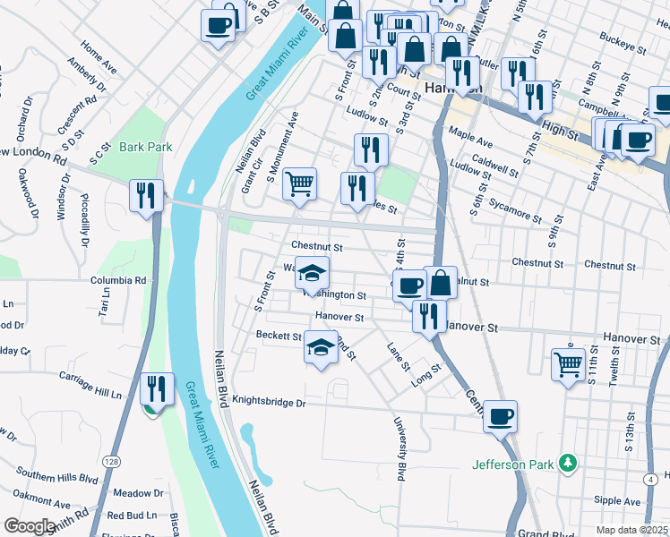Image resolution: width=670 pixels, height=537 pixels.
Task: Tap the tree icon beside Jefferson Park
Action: click(565, 463)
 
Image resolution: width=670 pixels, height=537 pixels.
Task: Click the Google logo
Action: click(30, 526)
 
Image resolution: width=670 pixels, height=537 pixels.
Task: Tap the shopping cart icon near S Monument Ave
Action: click(300, 183)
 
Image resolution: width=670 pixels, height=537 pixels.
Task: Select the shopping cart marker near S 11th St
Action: click(568, 364)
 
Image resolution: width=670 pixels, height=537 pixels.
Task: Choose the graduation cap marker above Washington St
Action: click(313, 273)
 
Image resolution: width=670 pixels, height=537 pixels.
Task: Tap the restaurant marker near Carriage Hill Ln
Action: click(158, 388)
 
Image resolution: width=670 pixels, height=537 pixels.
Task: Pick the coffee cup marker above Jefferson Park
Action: click(500, 415)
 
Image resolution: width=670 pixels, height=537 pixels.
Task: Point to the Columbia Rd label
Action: click(117, 280)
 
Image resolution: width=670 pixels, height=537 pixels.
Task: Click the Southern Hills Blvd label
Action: click(56, 475)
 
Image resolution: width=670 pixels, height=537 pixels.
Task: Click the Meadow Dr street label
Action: click(139, 493)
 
